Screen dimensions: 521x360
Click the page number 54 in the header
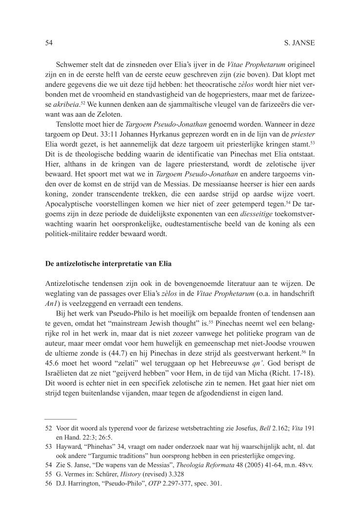point(48,43)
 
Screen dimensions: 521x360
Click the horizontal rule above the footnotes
point(60,419)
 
